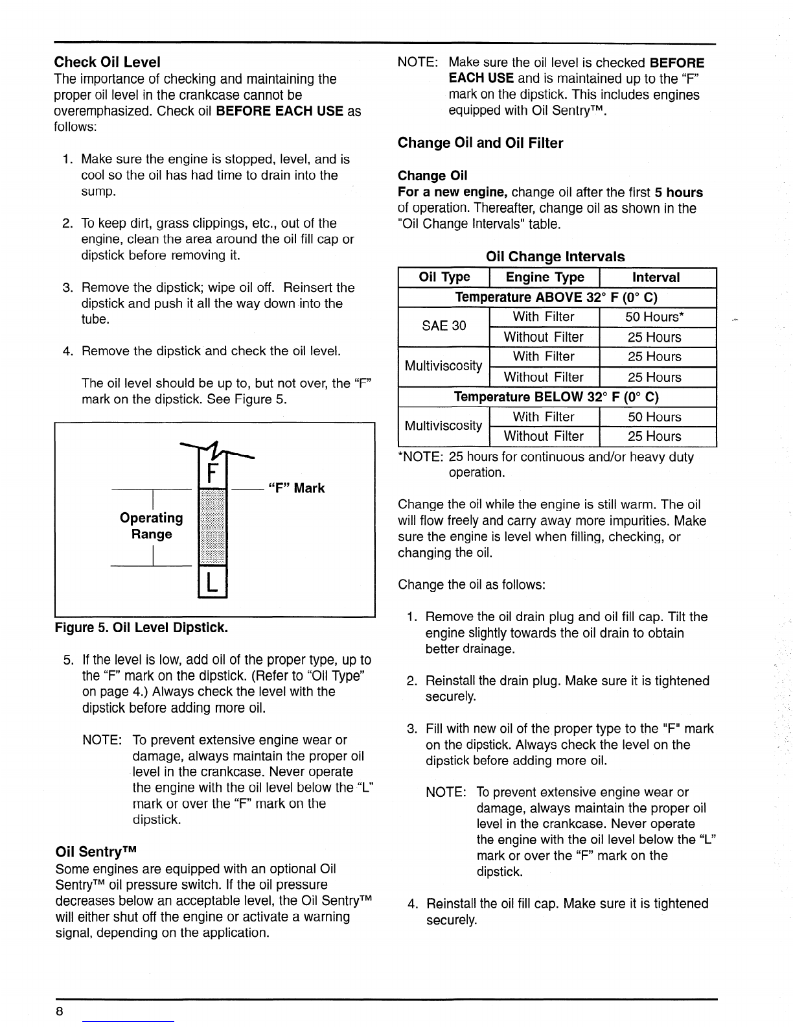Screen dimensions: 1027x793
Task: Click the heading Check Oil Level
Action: (108, 62)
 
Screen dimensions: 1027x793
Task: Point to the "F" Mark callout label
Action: (297, 488)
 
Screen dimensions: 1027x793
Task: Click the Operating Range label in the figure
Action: (152, 526)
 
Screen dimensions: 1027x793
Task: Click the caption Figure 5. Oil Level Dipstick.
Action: (142, 628)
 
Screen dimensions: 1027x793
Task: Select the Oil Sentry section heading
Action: (98, 851)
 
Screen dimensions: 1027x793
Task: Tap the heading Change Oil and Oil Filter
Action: (480, 143)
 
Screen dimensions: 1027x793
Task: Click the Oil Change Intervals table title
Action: (555, 256)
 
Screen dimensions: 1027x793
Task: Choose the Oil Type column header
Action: (444, 277)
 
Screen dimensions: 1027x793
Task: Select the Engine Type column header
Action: (544, 277)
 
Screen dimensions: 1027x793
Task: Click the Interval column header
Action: (656, 277)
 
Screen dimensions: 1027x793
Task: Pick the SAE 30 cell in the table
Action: (444, 326)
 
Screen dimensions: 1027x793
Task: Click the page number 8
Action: (59, 1012)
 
